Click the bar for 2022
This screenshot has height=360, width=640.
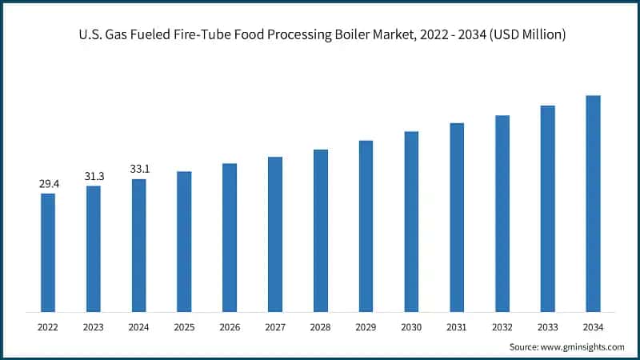point(48,252)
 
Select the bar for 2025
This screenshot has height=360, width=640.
point(184,241)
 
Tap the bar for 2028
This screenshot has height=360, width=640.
point(321,230)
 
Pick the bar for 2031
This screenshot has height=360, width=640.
point(457,217)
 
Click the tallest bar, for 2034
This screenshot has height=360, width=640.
point(593,203)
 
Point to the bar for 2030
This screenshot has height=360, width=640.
point(411,222)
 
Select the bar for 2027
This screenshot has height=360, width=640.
point(275,234)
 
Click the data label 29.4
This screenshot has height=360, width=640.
point(48,184)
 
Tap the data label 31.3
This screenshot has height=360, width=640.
point(94,177)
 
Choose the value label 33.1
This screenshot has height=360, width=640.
point(139,170)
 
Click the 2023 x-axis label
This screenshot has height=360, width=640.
point(94,326)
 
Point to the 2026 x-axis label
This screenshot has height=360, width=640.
point(230,326)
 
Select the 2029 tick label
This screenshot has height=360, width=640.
point(366,326)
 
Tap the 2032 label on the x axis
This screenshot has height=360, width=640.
point(502,326)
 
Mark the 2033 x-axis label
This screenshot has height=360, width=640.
point(548,326)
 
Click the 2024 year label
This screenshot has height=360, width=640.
point(139,326)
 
